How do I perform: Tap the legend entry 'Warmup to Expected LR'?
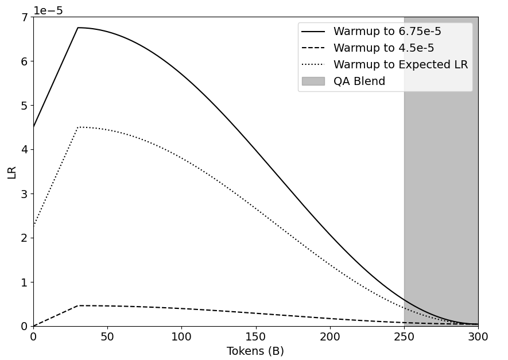[x=401, y=65]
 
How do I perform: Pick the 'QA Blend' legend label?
[x=359, y=82]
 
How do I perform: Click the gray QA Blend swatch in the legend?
[x=313, y=82]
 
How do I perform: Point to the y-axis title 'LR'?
[x=12, y=172]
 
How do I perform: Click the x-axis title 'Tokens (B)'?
[x=255, y=351]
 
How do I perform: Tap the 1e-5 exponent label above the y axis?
[x=48, y=10]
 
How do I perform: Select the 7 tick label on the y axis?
[x=24, y=17]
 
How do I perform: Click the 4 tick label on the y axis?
[x=24, y=150]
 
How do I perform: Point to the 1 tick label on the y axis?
[x=24, y=282]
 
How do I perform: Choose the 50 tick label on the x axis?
[x=107, y=337]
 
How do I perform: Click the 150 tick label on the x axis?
[x=255, y=337]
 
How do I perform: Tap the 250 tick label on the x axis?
[x=404, y=337]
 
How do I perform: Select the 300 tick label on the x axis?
[x=478, y=337]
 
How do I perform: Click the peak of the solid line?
[x=78, y=28]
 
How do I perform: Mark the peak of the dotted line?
[x=78, y=127]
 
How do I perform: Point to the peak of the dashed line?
[x=79, y=305]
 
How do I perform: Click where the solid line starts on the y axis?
[x=33, y=127]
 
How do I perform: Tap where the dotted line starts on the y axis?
[x=33, y=226]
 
